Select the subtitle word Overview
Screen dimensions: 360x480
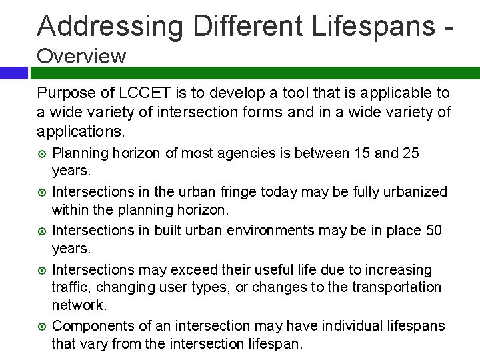[x=81, y=56]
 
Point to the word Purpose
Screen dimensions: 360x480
[x=64, y=93]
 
